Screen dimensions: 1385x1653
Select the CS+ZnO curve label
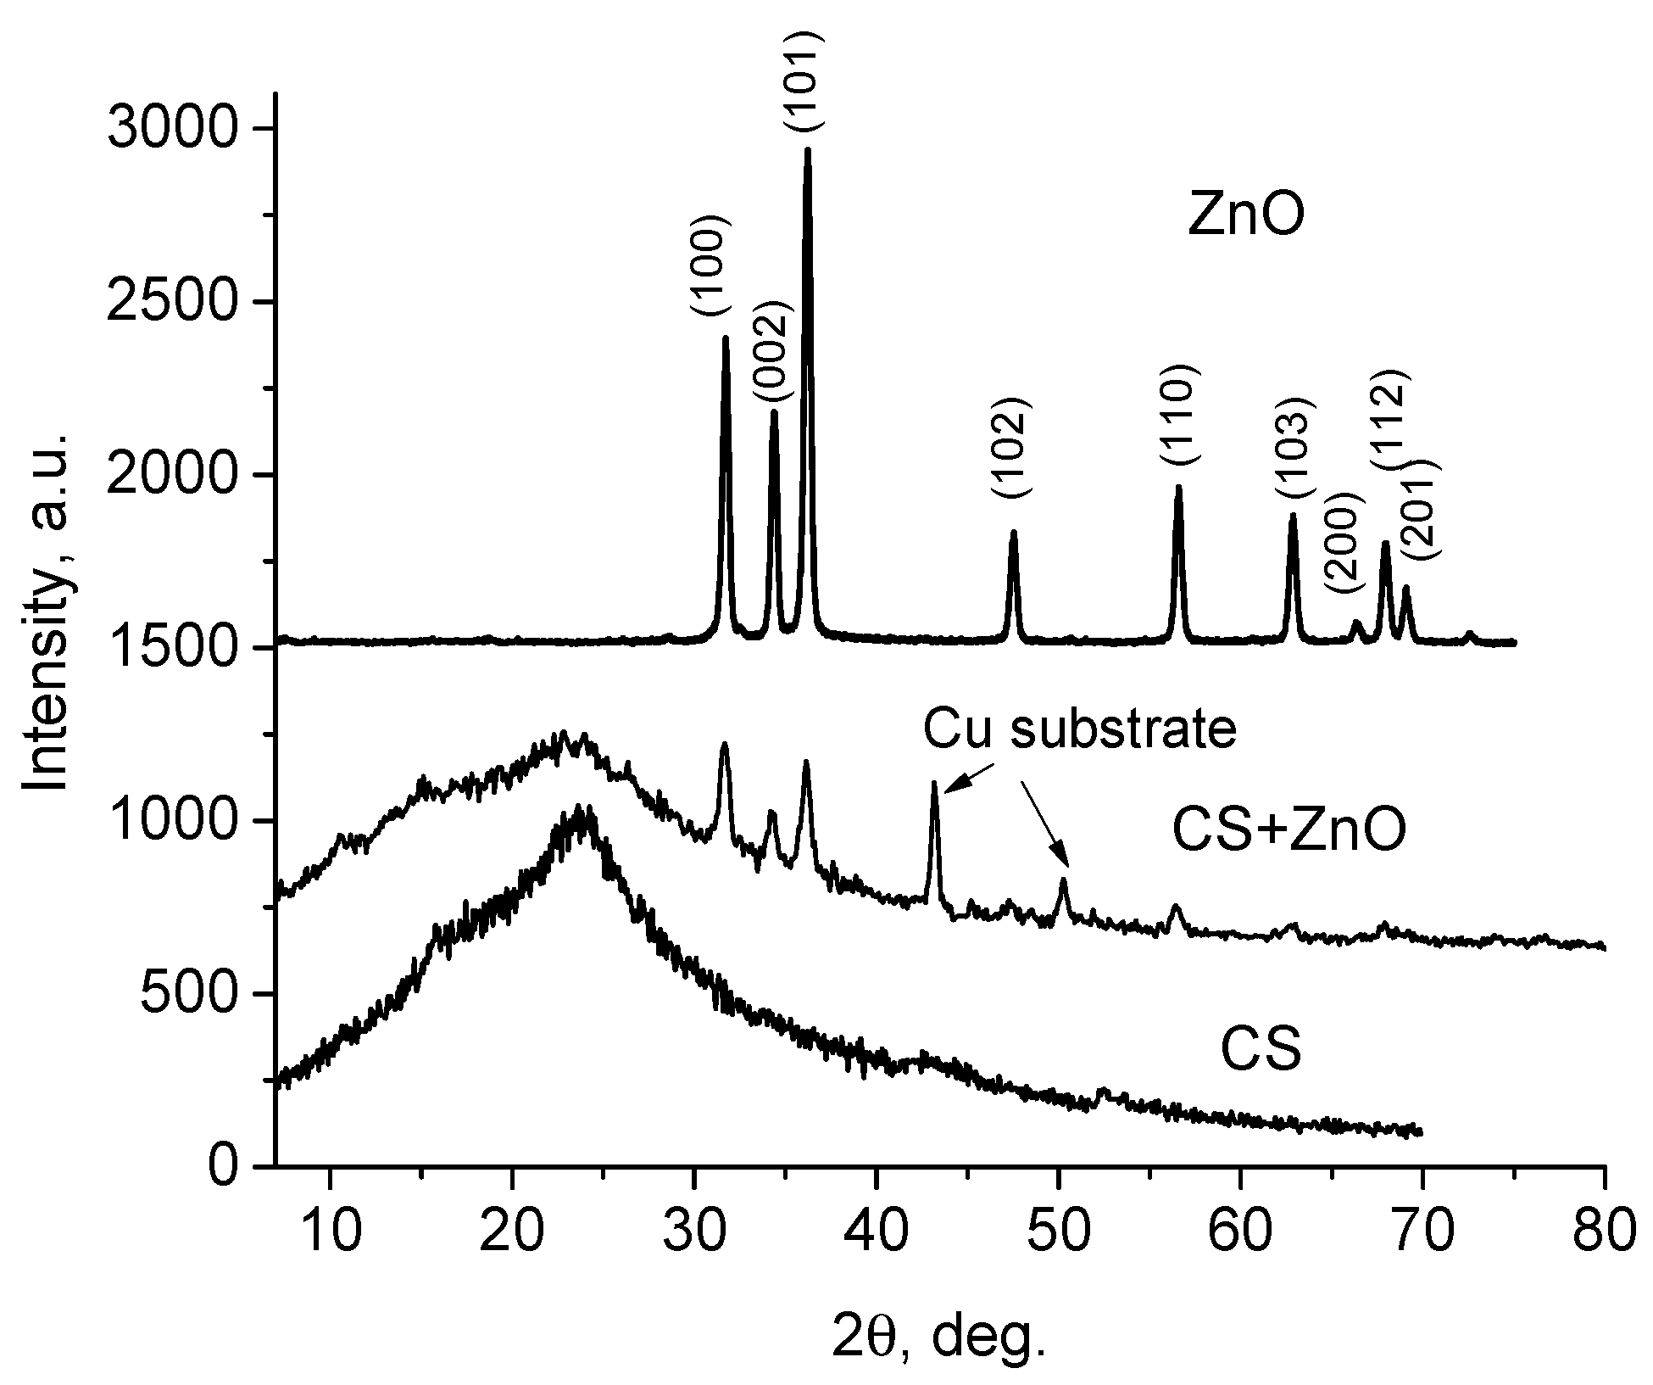pos(1288,830)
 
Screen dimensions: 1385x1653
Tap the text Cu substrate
pos(1079,729)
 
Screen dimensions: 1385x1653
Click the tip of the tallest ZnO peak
pos(807,151)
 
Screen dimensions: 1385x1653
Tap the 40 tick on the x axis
pos(877,1166)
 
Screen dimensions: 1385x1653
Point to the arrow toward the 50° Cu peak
pos(1044,823)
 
